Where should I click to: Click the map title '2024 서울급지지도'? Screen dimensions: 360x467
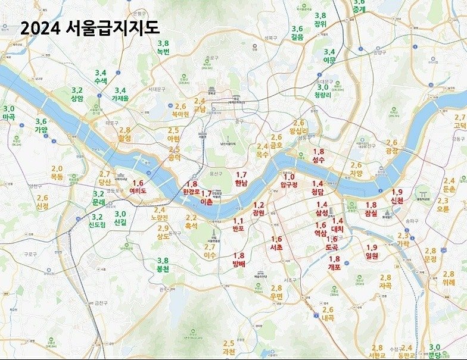(x=89, y=28)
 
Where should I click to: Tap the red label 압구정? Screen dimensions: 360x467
(x=289, y=184)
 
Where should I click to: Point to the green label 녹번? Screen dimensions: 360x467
(x=163, y=51)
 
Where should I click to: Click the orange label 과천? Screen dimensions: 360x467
(x=229, y=351)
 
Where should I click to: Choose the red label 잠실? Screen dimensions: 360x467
(x=371, y=212)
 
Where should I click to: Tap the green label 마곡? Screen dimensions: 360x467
(x=9, y=117)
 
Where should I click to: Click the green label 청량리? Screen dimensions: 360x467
(x=326, y=95)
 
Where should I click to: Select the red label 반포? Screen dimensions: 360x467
(x=238, y=228)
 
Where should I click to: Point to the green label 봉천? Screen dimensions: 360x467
(x=162, y=269)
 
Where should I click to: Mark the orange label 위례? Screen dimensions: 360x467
(x=449, y=282)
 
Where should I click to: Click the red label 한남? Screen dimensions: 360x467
(x=241, y=183)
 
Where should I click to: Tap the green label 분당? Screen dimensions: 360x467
(x=434, y=355)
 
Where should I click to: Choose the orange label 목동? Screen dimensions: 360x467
(x=57, y=176)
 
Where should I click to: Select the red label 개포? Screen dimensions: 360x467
(x=334, y=267)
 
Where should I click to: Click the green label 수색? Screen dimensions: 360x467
(x=100, y=80)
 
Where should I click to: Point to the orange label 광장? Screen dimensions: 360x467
(x=391, y=151)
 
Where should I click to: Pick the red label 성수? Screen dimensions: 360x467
(x=318, y=159)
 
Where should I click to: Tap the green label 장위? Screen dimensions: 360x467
(x=320, y=24)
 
